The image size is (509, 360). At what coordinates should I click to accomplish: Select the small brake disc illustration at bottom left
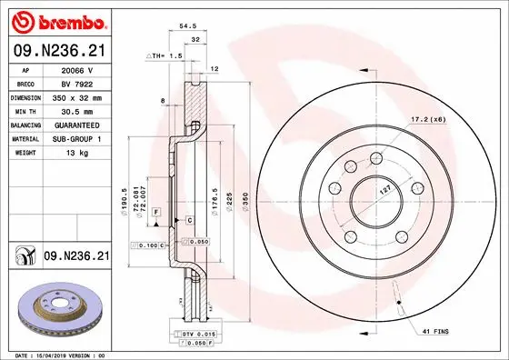(x=60, y=310)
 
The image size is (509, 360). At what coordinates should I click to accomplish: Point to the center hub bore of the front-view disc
(x=373, y=195)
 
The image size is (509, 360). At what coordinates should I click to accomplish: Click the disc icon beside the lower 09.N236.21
(x=22, y=258)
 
